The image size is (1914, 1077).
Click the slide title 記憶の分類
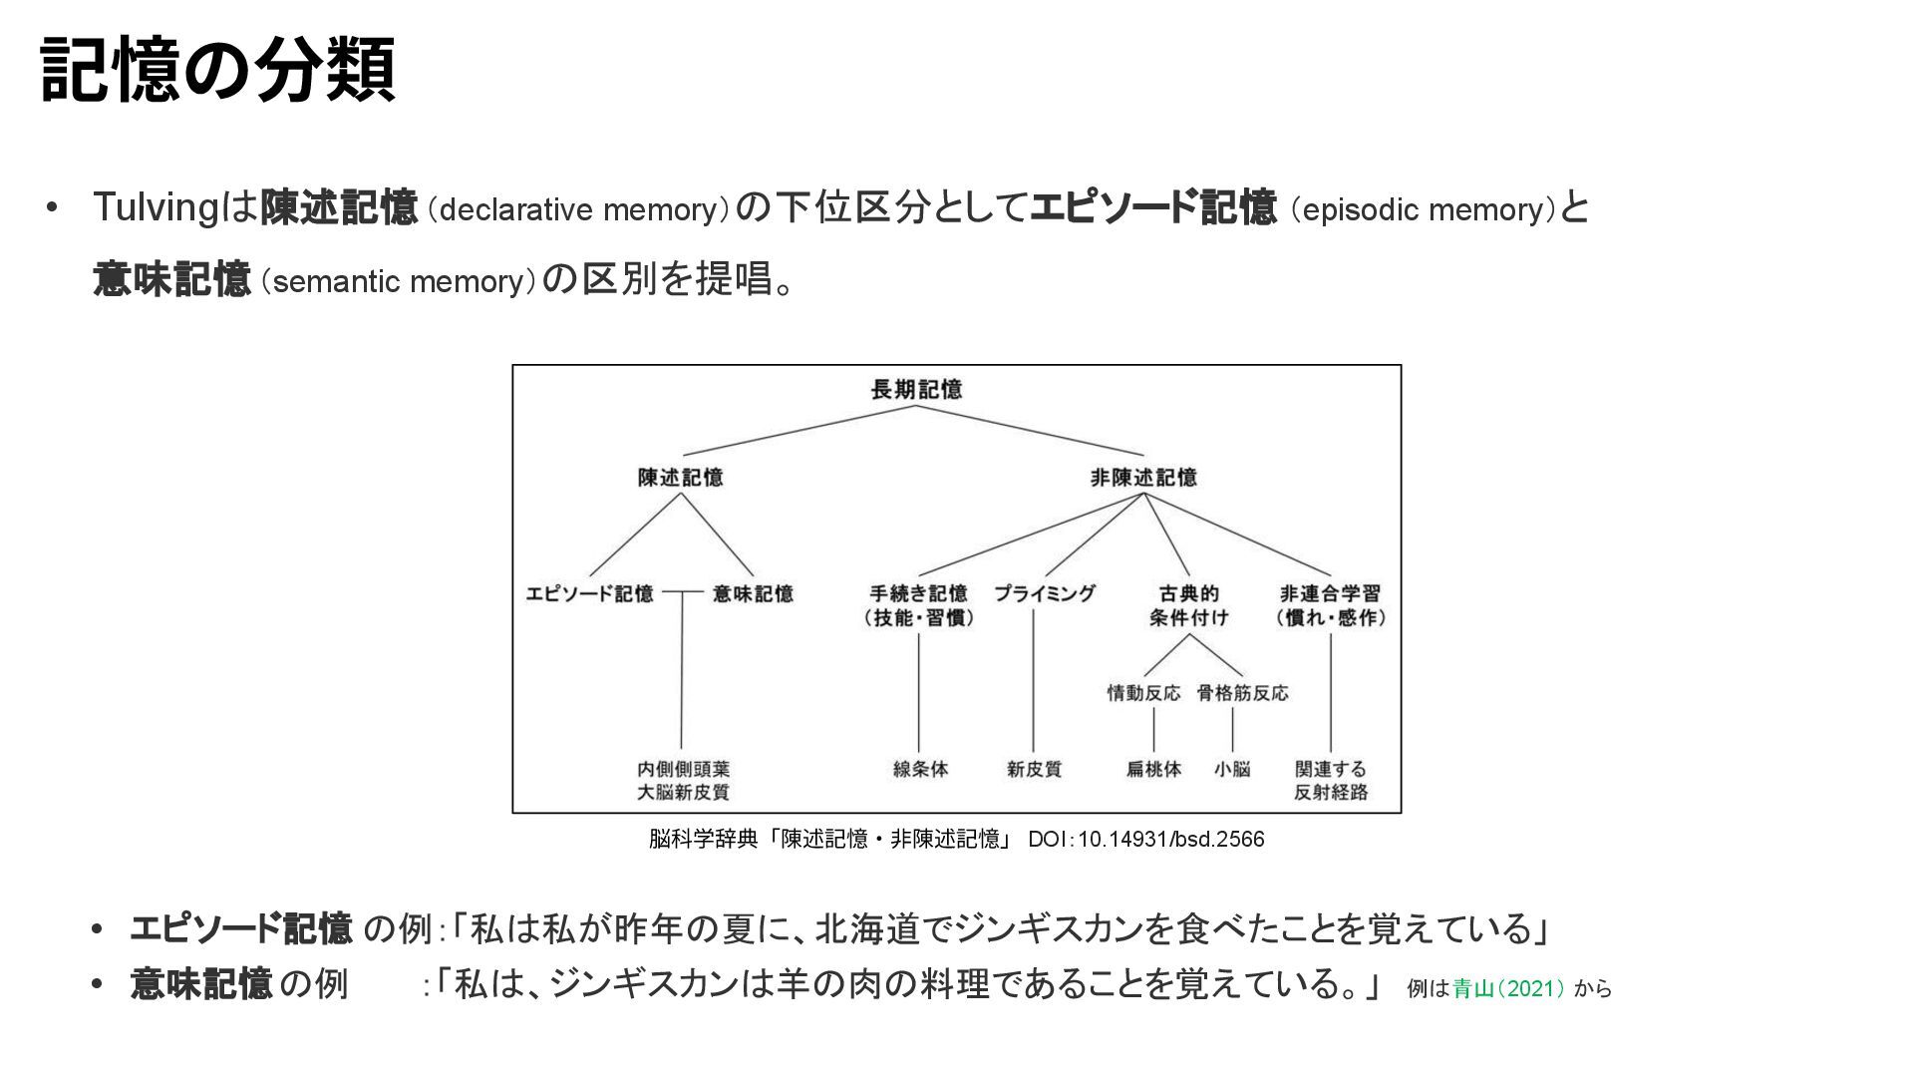[x=218, y=70]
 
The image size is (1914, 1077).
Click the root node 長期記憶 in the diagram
[x=916, y=390]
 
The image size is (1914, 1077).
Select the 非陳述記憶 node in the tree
[x=1143, y=478]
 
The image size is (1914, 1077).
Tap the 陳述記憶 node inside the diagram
[x=681, y=478]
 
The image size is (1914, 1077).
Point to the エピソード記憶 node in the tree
[x=589, y=594]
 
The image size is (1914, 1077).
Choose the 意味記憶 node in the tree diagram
[x=753, y=594]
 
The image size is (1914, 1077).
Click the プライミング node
[x=1045, y=594]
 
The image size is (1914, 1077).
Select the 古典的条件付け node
[x=1188, y=605]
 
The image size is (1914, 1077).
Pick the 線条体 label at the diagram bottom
[x=920, y=769]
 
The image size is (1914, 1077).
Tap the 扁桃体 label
[x=1153, y=769]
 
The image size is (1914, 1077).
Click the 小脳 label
[x=1232, y=769]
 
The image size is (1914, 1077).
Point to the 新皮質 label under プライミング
[x=1034, y=769]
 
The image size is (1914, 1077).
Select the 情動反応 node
[x=1143, y=693]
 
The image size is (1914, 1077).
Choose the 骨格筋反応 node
[x=1242, y=693]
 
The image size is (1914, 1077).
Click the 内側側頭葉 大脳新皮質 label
[x=683, y=781]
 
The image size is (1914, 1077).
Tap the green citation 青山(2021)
[x=1508, y=989]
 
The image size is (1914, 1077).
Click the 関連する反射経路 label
[x=1331, y=781]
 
